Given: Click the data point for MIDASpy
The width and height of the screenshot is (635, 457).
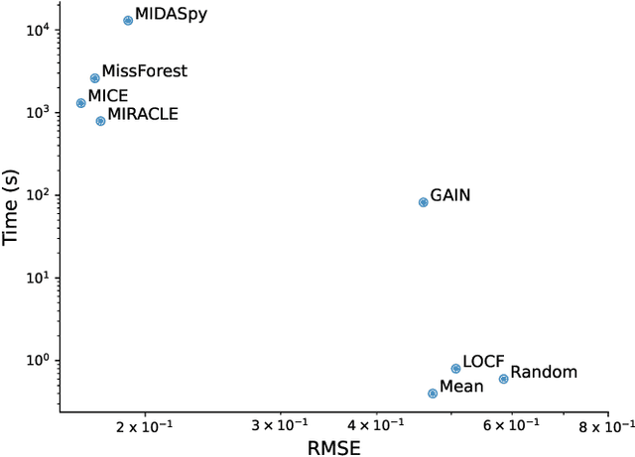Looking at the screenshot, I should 128,20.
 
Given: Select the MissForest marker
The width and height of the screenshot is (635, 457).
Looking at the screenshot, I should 95,78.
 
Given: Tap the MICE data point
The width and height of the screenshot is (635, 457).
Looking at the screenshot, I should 81,103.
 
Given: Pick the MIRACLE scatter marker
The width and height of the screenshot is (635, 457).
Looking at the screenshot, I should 100,121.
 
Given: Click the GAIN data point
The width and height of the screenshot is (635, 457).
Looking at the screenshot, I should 424,202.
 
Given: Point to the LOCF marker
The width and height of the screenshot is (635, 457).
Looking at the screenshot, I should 455,369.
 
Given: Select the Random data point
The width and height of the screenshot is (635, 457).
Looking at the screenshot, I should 503,379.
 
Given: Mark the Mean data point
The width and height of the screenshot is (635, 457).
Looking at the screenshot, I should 433,394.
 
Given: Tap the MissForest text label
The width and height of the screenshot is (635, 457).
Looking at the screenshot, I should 145,71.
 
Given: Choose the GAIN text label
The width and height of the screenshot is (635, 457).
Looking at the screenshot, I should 450,195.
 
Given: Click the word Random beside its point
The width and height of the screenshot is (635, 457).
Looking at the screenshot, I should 544,373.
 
